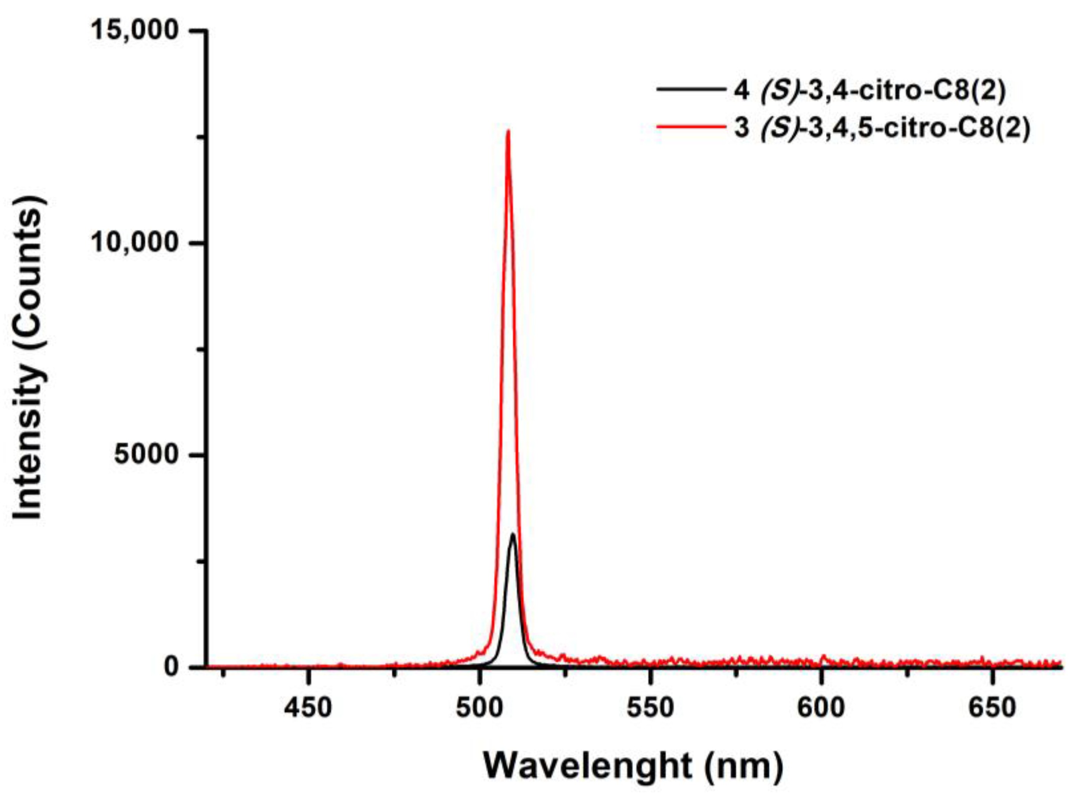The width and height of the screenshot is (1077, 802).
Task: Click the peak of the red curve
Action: pyautogui.click(x=508, y=131)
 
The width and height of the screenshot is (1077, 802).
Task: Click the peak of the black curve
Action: pyautogui.click(x=512, y=534)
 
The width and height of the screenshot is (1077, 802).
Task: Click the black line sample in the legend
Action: pyautogui.click(x=689, y=90)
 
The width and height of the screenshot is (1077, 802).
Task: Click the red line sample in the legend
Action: pyautogui.click(x=689, y=127)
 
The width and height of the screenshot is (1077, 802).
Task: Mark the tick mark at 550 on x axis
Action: pyautogui.click(x=650, y=673)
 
